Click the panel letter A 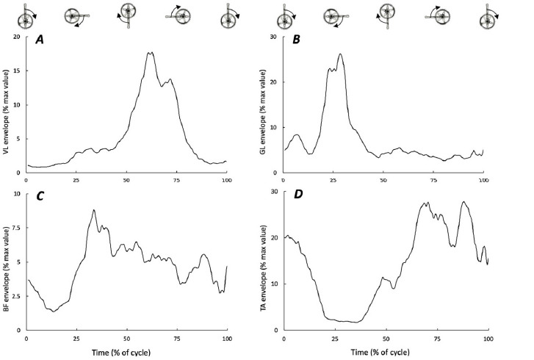pos(42,41)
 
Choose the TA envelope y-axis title pos(265,262)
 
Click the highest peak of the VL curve pos(151,52)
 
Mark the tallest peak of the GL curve pos(340,54)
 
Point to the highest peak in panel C pos(94,210)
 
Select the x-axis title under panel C pos(126,353)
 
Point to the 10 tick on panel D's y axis pos(275,284)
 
